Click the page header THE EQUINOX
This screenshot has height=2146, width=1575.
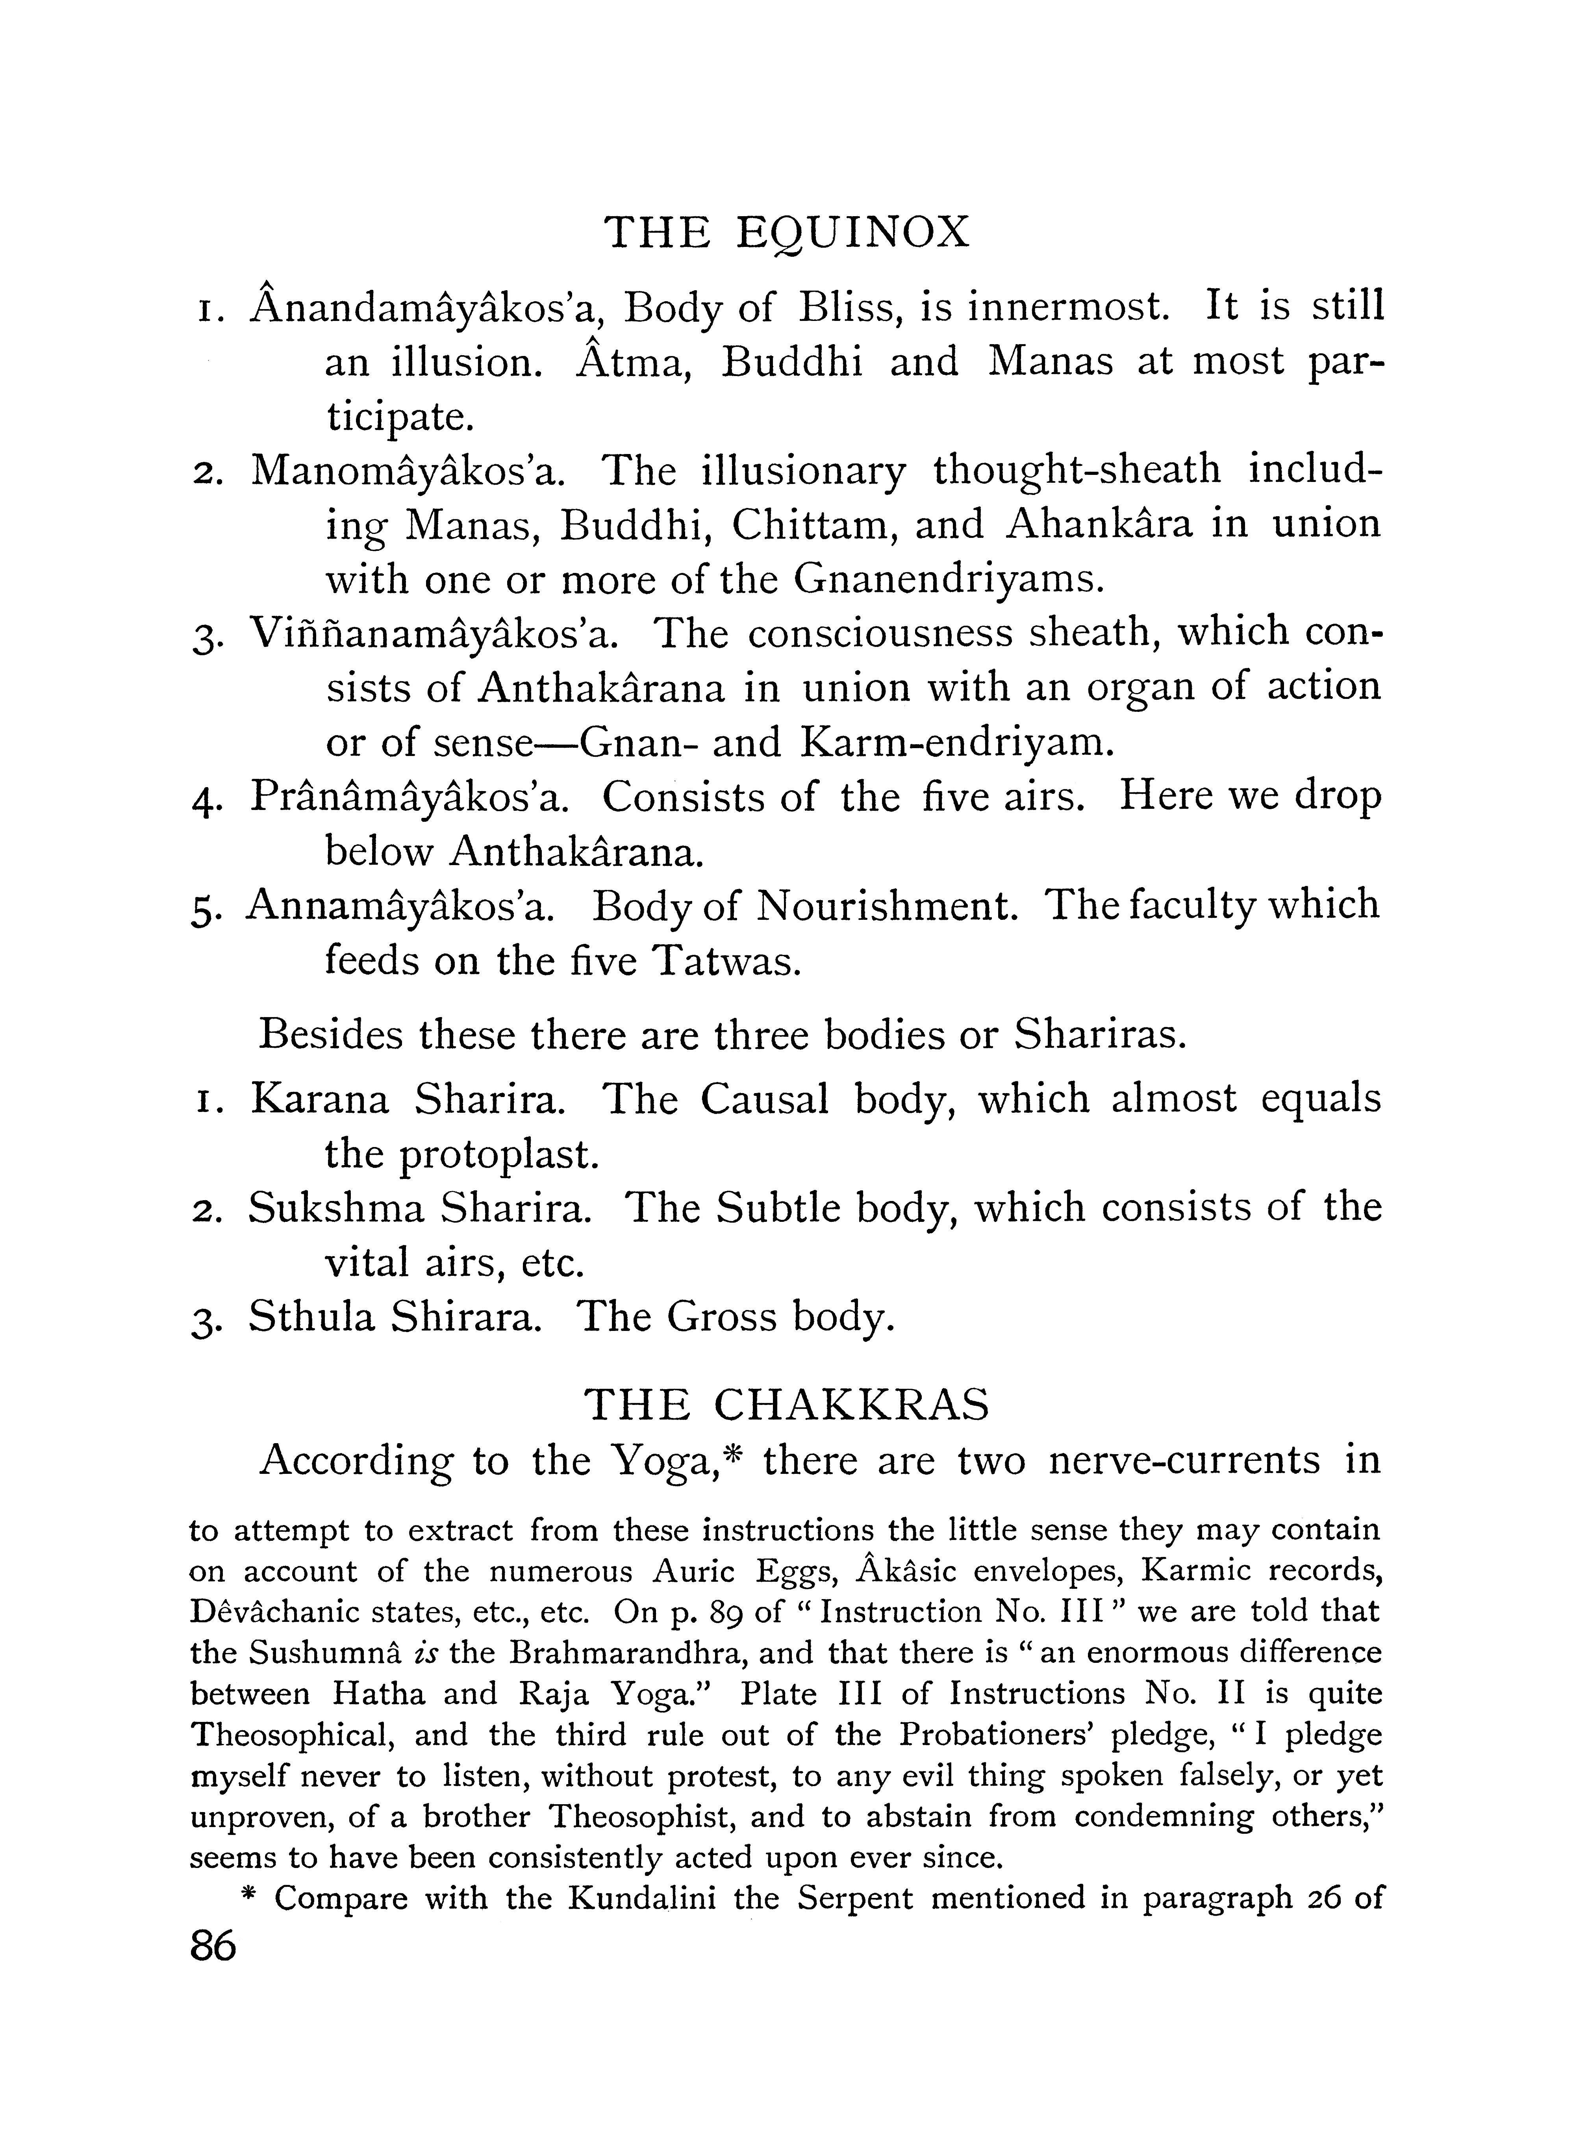787,233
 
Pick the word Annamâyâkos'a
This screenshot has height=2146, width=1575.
400,906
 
